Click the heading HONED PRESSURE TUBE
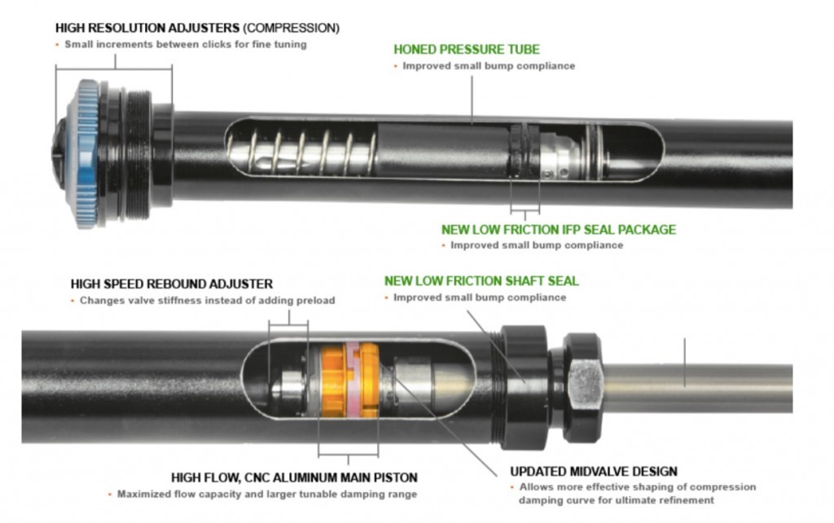coord(467,50)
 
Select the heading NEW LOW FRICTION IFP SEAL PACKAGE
coord(559,229)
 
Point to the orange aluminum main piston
coord(349,380)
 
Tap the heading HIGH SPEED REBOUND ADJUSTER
coord(171,284)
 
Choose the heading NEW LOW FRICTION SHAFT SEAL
coord(481,281)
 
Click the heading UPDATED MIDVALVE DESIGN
coord(594,472)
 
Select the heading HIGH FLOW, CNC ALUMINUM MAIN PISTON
coord(294,477)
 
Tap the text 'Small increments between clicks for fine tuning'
coord(185,45)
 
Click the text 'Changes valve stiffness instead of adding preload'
coord(208,301)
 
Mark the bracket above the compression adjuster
coord(114,67)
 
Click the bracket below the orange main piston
coord(349,456)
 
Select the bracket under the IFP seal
coord(525,212)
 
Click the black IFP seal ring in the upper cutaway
coord(524,151)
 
